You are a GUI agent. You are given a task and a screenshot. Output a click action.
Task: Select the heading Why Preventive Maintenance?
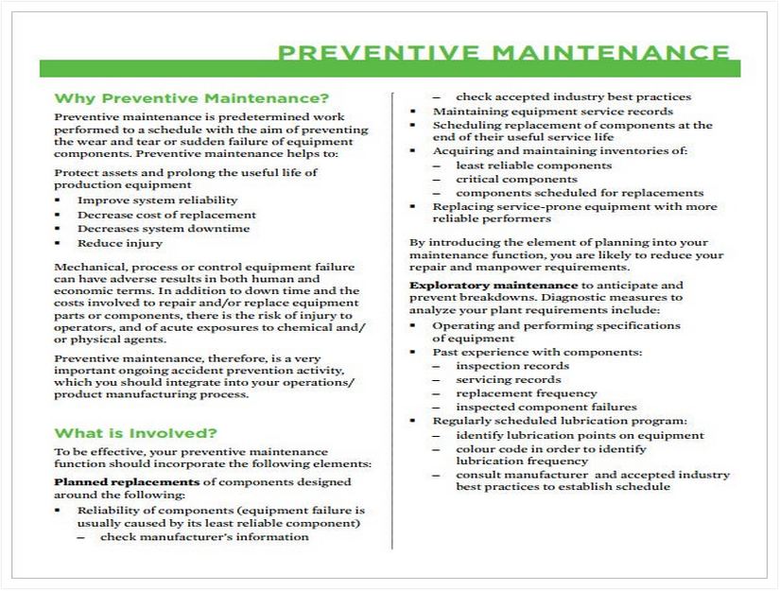click(x=192, y=97)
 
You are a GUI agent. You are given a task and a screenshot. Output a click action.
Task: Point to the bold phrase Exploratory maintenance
click(x=493, y=285)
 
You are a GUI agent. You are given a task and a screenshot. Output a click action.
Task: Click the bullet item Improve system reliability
click(x=157, y=200)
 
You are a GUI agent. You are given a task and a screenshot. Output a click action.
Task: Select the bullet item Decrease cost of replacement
click(x=166, y=215)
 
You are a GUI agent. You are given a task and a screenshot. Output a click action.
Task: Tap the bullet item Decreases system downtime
click(x=164, y=229)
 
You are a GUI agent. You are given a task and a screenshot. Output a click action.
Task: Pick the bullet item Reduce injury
click(x=120, y=243)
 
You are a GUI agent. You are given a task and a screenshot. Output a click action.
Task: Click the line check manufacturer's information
click(x=204, y=537)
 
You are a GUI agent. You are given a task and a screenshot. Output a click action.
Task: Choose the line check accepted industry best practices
click(x=573, y=96)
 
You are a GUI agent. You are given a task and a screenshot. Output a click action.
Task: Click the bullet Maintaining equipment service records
click(x=553, y=111)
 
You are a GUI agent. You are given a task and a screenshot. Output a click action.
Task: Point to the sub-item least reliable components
click(x=533, y=165)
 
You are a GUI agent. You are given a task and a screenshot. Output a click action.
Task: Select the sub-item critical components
click(x=516, y=179)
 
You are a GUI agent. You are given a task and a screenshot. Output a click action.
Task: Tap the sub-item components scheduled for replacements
click(x=580, y=193)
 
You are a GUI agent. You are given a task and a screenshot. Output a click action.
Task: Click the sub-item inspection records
click(x=512, y=365)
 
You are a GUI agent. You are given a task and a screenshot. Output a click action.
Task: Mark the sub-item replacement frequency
click(x=527, y=393)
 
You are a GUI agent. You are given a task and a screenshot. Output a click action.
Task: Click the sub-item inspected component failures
click(x=546, y=408)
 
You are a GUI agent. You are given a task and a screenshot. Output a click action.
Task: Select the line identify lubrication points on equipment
click(x=580, y=435)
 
